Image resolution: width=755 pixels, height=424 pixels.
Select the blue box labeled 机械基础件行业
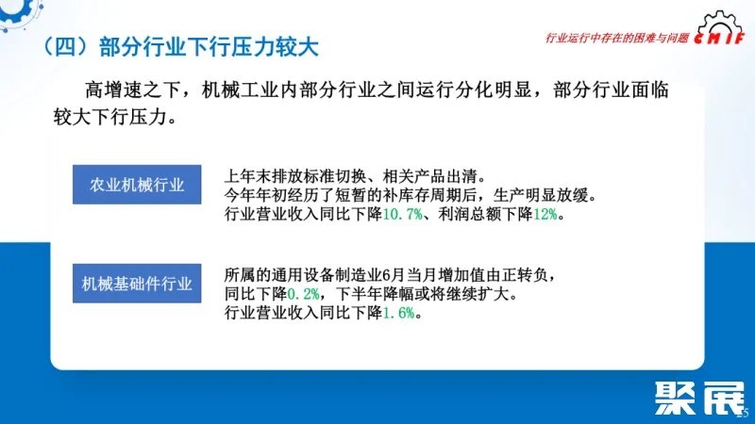[137, 282]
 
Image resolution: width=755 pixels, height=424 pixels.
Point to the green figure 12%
[545, 216]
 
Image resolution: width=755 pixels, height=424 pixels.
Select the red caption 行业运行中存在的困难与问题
[618, 39]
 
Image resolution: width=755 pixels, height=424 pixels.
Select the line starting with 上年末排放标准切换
[354, 176]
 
